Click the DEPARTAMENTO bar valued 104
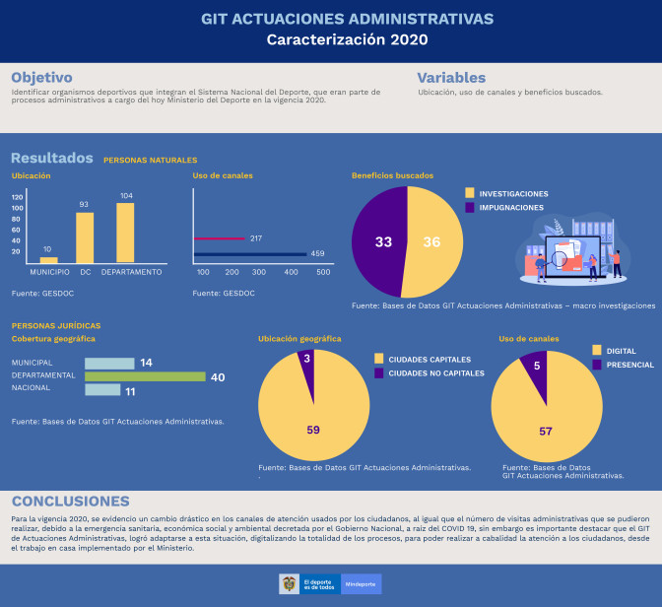125,233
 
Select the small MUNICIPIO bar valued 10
48,259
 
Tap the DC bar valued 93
85,237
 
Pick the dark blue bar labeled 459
250,254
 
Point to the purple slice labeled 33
379,241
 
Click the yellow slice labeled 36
429,241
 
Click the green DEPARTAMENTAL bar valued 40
145,376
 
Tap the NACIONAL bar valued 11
102,390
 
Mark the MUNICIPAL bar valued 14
109,363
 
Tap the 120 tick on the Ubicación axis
18,196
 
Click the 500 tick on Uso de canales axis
323,271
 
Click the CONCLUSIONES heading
70,501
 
